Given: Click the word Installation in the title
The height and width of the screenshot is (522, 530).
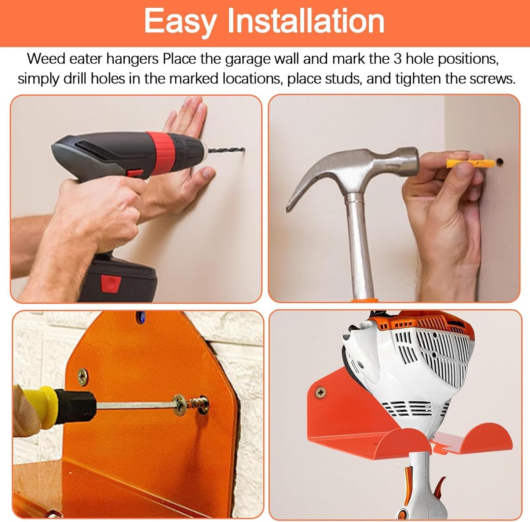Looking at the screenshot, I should pos(306,21).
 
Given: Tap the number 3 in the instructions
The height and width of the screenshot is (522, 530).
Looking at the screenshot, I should pos(397,59).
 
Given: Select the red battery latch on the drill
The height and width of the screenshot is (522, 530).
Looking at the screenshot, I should pos(111,283).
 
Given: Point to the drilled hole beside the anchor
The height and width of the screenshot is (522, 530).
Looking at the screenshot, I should pos(499,161).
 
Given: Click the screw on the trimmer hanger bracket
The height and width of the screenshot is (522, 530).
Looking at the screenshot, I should pos(321,393).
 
